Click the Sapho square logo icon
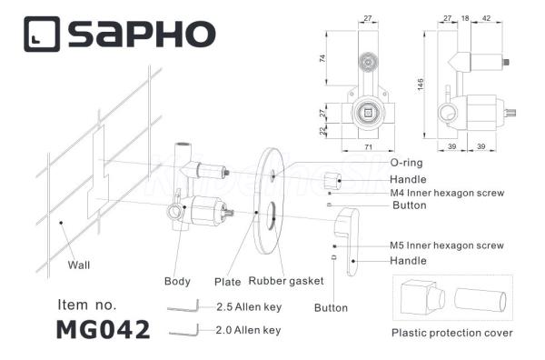click(42, 34)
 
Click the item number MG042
click(104, 330)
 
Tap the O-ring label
click(406, 163)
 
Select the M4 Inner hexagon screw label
click(447, 193)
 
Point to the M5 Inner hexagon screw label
click(447, 245)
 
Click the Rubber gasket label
click(286, 281)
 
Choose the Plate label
click(228, 282)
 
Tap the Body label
click(177, 281)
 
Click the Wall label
click(79, 265)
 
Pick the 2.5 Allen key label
click(249, 307)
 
